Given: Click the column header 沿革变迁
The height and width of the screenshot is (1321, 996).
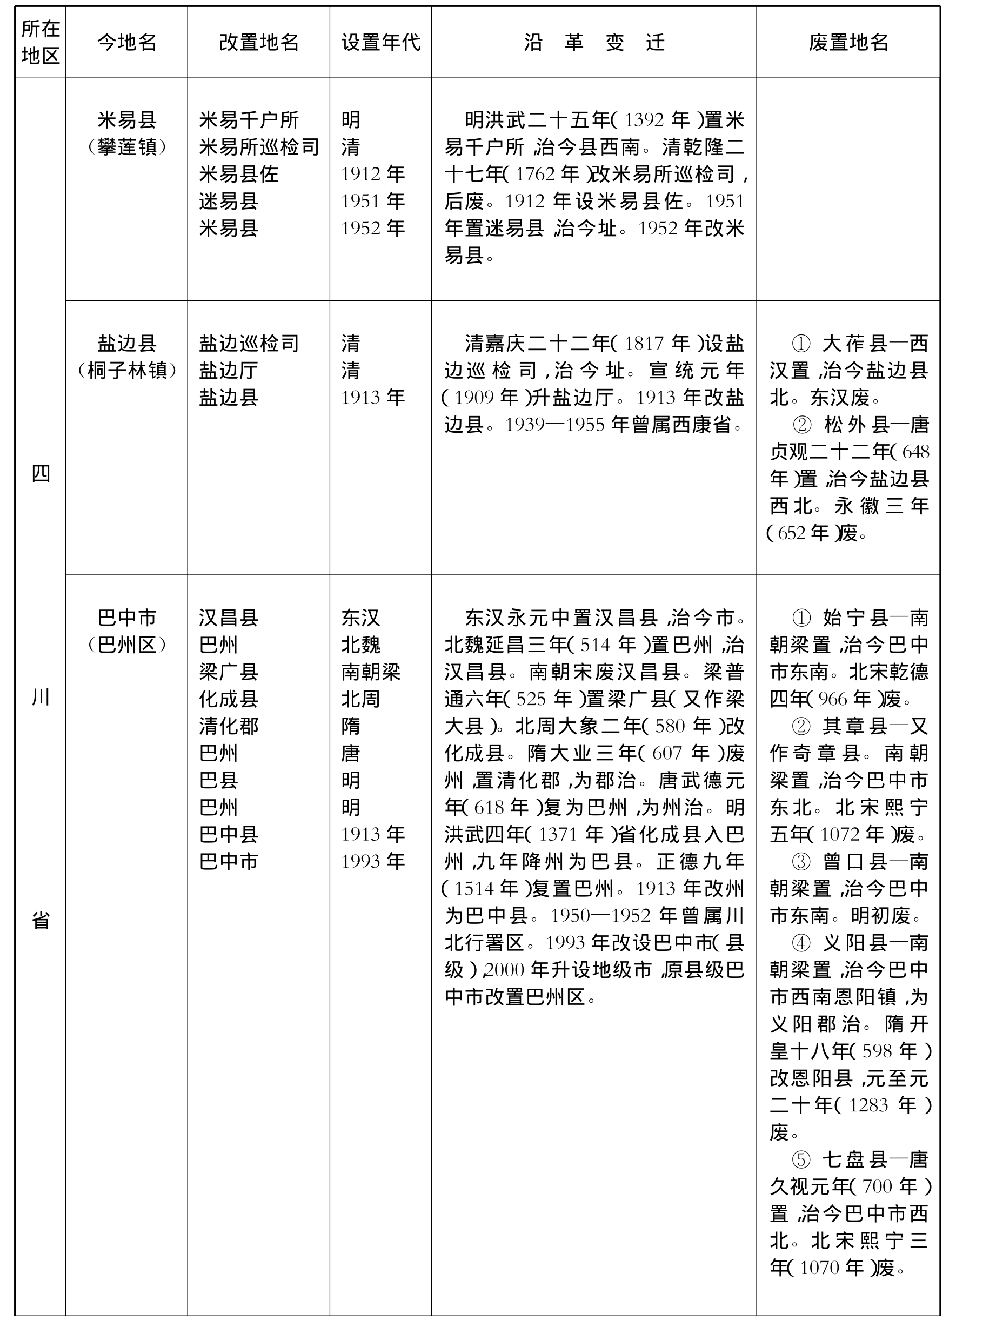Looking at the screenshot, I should click(x=593, y=42).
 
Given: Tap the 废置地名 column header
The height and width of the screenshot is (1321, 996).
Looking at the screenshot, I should click(x=848, y=42).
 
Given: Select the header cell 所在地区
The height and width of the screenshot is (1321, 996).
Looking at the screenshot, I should click(x=40, y=42).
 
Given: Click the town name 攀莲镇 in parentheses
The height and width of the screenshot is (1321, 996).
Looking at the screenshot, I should click(x=126, y=147).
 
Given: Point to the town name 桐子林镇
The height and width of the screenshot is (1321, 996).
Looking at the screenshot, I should click(x=126, y=370).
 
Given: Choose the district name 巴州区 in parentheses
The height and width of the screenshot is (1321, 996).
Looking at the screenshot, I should click(x=126, y=645).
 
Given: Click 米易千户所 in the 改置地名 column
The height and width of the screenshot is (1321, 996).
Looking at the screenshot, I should click(x=249, y=120).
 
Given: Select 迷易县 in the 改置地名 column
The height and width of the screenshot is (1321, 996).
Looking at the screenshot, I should click(x=228, y=200).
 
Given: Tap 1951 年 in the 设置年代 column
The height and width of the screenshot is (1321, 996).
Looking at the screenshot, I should click(x=373, y=200).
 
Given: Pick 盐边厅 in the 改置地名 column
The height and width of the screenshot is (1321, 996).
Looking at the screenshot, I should click(x=228, y=370).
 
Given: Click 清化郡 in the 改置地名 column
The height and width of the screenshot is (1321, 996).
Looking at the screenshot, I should click(x=228, y=726).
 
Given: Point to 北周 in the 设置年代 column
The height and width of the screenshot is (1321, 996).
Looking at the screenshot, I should click(x=360, y=699).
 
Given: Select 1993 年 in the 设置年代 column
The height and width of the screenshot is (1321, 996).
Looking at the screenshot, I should click(x=373, y=861).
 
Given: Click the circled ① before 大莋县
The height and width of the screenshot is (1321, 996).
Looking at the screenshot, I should click(x=800, y=344).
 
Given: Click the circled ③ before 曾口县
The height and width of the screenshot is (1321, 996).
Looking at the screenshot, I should click(x=800, y=862).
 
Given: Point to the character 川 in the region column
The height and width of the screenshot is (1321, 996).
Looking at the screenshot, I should click(x=40, y=697).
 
